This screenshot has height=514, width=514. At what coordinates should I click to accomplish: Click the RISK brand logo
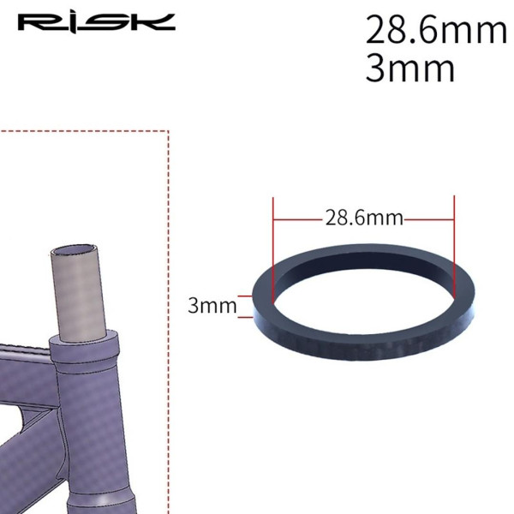[96, 23]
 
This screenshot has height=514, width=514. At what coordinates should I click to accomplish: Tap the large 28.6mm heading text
[436, 30]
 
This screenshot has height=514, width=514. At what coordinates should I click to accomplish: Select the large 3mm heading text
[409, 69]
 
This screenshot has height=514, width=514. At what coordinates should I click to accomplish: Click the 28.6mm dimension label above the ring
[364, 218]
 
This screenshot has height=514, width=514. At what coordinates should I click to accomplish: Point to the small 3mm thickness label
[212, 306]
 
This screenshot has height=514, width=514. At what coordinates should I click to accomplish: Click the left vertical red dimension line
[272, 250]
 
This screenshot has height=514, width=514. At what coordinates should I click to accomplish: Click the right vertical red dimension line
[454, 247]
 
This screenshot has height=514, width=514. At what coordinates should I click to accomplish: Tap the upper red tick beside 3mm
[245, 296]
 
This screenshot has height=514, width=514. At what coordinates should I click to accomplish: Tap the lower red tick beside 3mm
[246, 317]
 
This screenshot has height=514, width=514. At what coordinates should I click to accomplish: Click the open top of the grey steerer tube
[72, 252]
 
